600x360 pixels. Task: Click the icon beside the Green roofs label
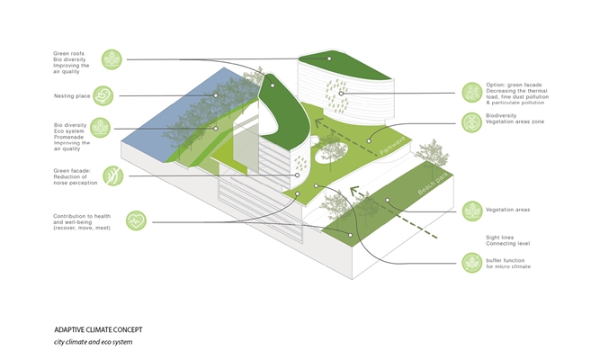coord(112,59)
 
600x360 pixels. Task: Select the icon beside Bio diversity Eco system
coord(101,128)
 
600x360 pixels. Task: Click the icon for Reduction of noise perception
coord(112,175)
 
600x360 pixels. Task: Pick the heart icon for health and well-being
coord(135,219)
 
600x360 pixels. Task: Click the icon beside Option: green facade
coord(471,92)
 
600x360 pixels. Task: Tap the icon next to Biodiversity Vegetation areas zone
coord(471,122)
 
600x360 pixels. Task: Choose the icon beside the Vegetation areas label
coord(471,211)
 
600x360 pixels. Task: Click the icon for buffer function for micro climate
coord(471,263)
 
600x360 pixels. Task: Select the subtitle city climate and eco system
coord(95,342)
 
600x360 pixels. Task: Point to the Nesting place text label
coord(71,94)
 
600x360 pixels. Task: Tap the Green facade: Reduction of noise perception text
coord(77,176)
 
